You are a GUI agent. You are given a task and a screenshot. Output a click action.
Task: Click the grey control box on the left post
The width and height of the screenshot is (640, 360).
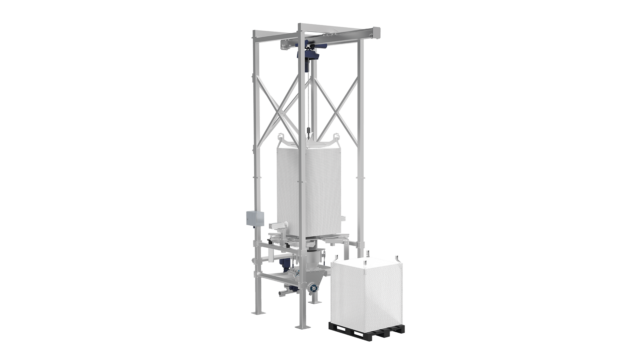[x=250, y=219]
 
